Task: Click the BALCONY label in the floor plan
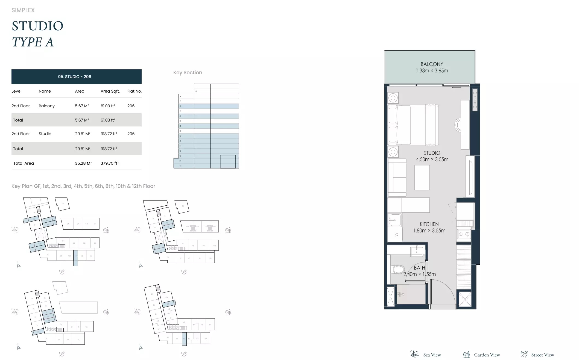(x=432, y=64)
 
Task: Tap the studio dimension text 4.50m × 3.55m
(x=432, y=160)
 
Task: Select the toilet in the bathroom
(x=398, y=270)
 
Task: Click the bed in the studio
(x=413, y=125)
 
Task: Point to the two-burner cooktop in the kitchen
(x=464, y=234)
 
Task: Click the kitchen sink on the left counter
(x=394, y=220)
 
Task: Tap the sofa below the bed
(x=397, y=178)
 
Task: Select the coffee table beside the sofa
(x=422, y=178)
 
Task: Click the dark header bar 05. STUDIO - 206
(x=76, y=77)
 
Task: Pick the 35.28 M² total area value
(x=83, y=163)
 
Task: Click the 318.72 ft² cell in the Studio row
(x=109, y=134)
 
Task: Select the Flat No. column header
(x=134, y=91)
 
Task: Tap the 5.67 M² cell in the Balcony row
(x=82, y=106)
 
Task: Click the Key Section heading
(x=188, y=73)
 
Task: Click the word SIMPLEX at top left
(x=23, y=10)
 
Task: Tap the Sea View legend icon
(x=414, y=354)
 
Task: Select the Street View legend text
(x=542, y=355)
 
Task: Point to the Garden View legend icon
(x=466, y=355)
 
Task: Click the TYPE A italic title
(x=33, y=42)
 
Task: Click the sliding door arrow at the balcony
(x=456, y=87)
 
